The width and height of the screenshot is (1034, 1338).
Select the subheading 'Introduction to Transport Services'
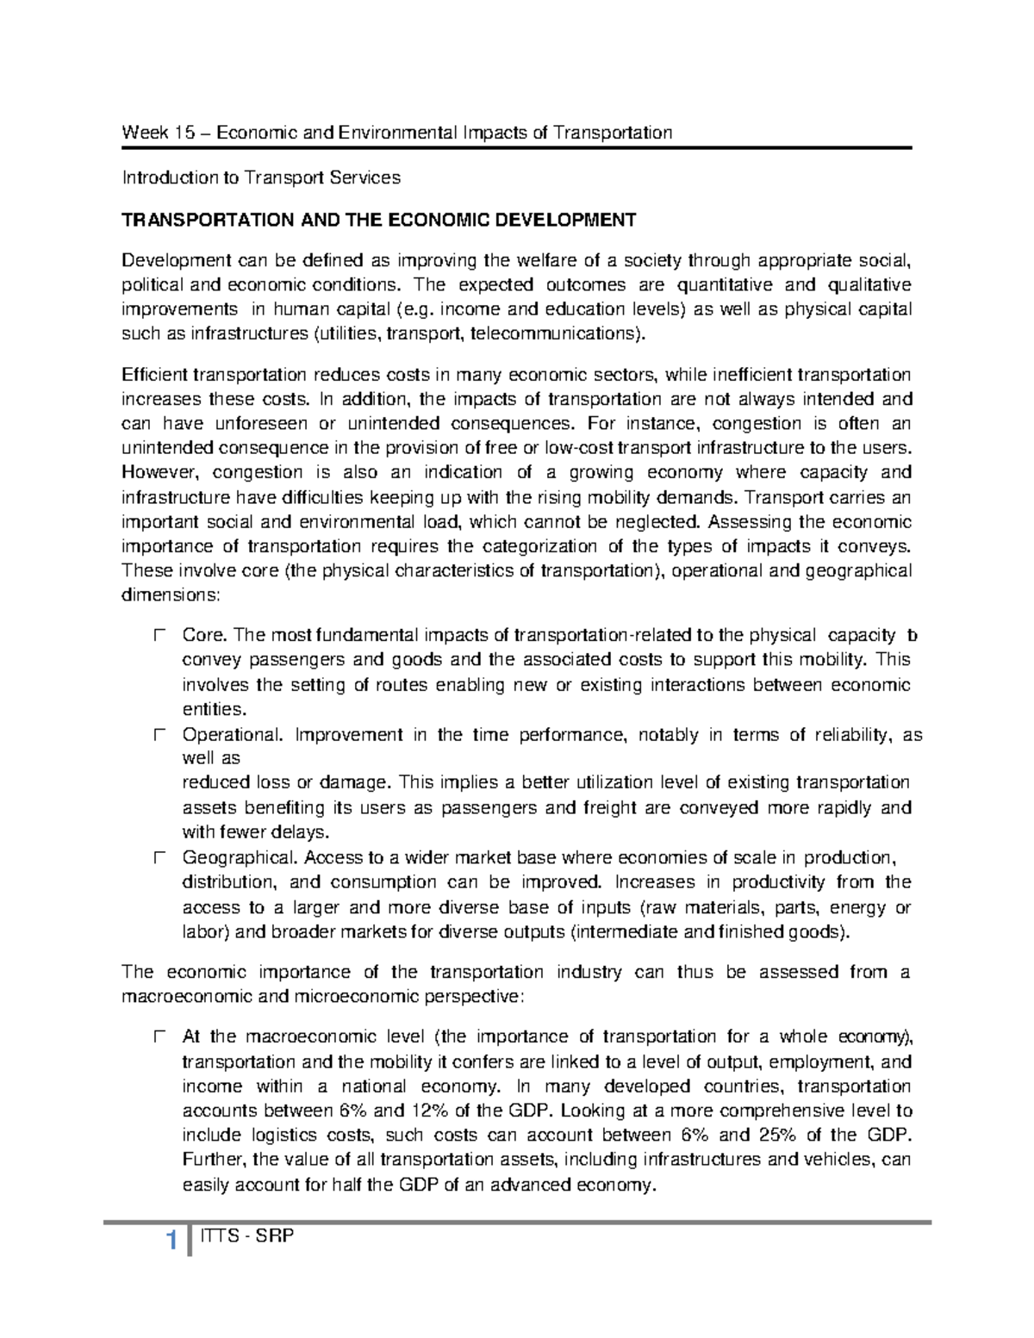click(261, 178)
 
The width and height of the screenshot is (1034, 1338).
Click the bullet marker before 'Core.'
click(159, 636)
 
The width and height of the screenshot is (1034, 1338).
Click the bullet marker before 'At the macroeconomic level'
click(159, 1037)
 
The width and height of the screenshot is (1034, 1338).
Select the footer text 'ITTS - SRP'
click(247, 1237)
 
